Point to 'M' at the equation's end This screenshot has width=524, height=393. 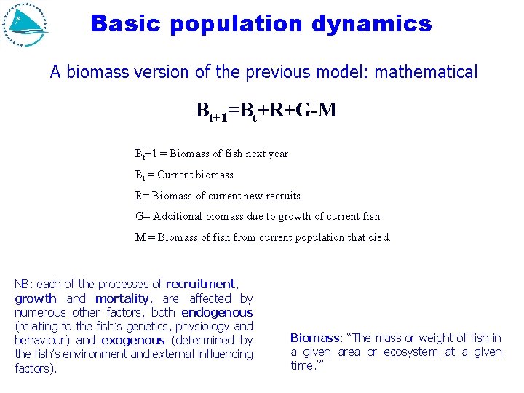point(328,111)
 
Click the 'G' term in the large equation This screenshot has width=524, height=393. point(301,111)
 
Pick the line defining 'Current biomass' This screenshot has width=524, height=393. point(184,175)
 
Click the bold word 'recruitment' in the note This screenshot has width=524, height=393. point(200,285)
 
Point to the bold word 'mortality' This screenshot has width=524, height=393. point(122,298)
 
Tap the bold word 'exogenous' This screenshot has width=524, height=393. point(133,340)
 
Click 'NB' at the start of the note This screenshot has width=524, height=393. point(22,285)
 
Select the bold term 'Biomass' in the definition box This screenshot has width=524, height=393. point(314,338)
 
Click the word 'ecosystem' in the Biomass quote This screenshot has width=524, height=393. point(410,352)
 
